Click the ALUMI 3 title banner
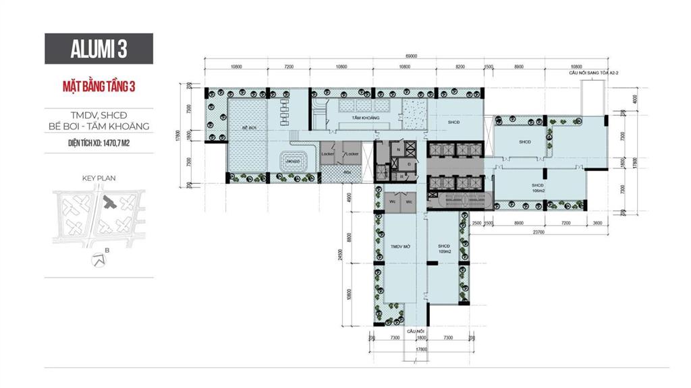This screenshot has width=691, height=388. [x=99, y=48]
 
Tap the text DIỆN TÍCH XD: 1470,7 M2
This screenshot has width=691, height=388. [x=99, y=143]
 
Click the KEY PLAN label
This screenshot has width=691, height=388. [x=99, y=179]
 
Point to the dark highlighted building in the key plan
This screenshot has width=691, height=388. [x=110, y=202]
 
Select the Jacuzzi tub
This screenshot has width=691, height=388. [x=294, y=161]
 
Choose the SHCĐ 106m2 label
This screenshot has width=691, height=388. [x=538, y=187]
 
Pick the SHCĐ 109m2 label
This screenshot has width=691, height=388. [x=443, y=249]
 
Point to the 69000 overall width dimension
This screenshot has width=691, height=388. [x=412, y=57]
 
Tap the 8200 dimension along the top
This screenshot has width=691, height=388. [x=460, y=67]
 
